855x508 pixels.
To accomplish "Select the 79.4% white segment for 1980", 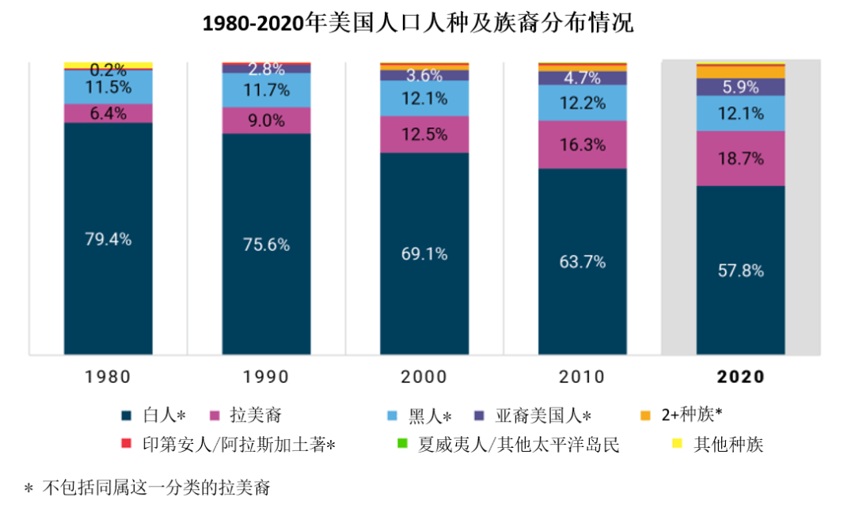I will click(x=108, y=238).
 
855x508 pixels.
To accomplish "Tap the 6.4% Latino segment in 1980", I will click(x=108, y=113).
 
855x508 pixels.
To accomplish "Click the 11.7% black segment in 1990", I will click(x=267, y=90).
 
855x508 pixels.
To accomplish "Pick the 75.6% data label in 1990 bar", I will click(x=267, y=245).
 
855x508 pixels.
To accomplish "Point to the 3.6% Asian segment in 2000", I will click(x=424, y=76).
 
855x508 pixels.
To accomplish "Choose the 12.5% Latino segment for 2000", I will click(x=424, y=135).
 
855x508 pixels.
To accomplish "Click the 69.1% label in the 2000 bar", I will click(x=424, y=254).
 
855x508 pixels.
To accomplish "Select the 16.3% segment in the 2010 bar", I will click(x=583, y=145).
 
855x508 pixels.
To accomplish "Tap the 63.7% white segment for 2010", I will click(x=583, y=262).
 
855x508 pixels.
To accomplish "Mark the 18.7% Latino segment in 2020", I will click(x=741, y=158).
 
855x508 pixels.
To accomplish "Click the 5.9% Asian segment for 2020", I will click(x=741, y=87).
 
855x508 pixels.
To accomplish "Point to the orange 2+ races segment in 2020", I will click(x=741, y=72).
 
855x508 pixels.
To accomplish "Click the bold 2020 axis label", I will click(x=741, y=377).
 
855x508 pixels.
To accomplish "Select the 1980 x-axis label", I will click(x=108, y=377).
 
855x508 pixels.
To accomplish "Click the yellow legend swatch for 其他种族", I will click(x=677, y=444).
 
